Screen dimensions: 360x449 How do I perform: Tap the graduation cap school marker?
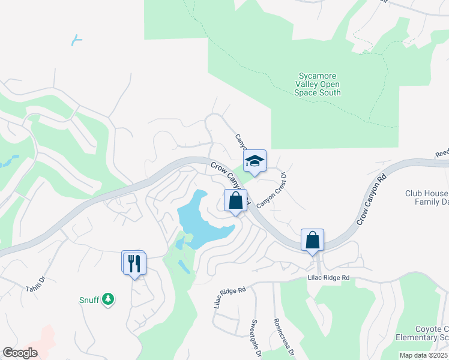click(x=255, y=161)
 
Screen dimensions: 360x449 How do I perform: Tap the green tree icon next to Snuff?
click(x=108, y=299)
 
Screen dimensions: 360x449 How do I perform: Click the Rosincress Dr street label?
click(x=284, y=336)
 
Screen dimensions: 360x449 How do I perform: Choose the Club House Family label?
click(x=426, y=198)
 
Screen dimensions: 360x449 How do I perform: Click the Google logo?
click(x=20, y=353)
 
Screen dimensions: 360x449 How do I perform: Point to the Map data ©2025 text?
click(x=423, y=355)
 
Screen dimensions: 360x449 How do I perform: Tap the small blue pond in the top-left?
click(x=76, y=40)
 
